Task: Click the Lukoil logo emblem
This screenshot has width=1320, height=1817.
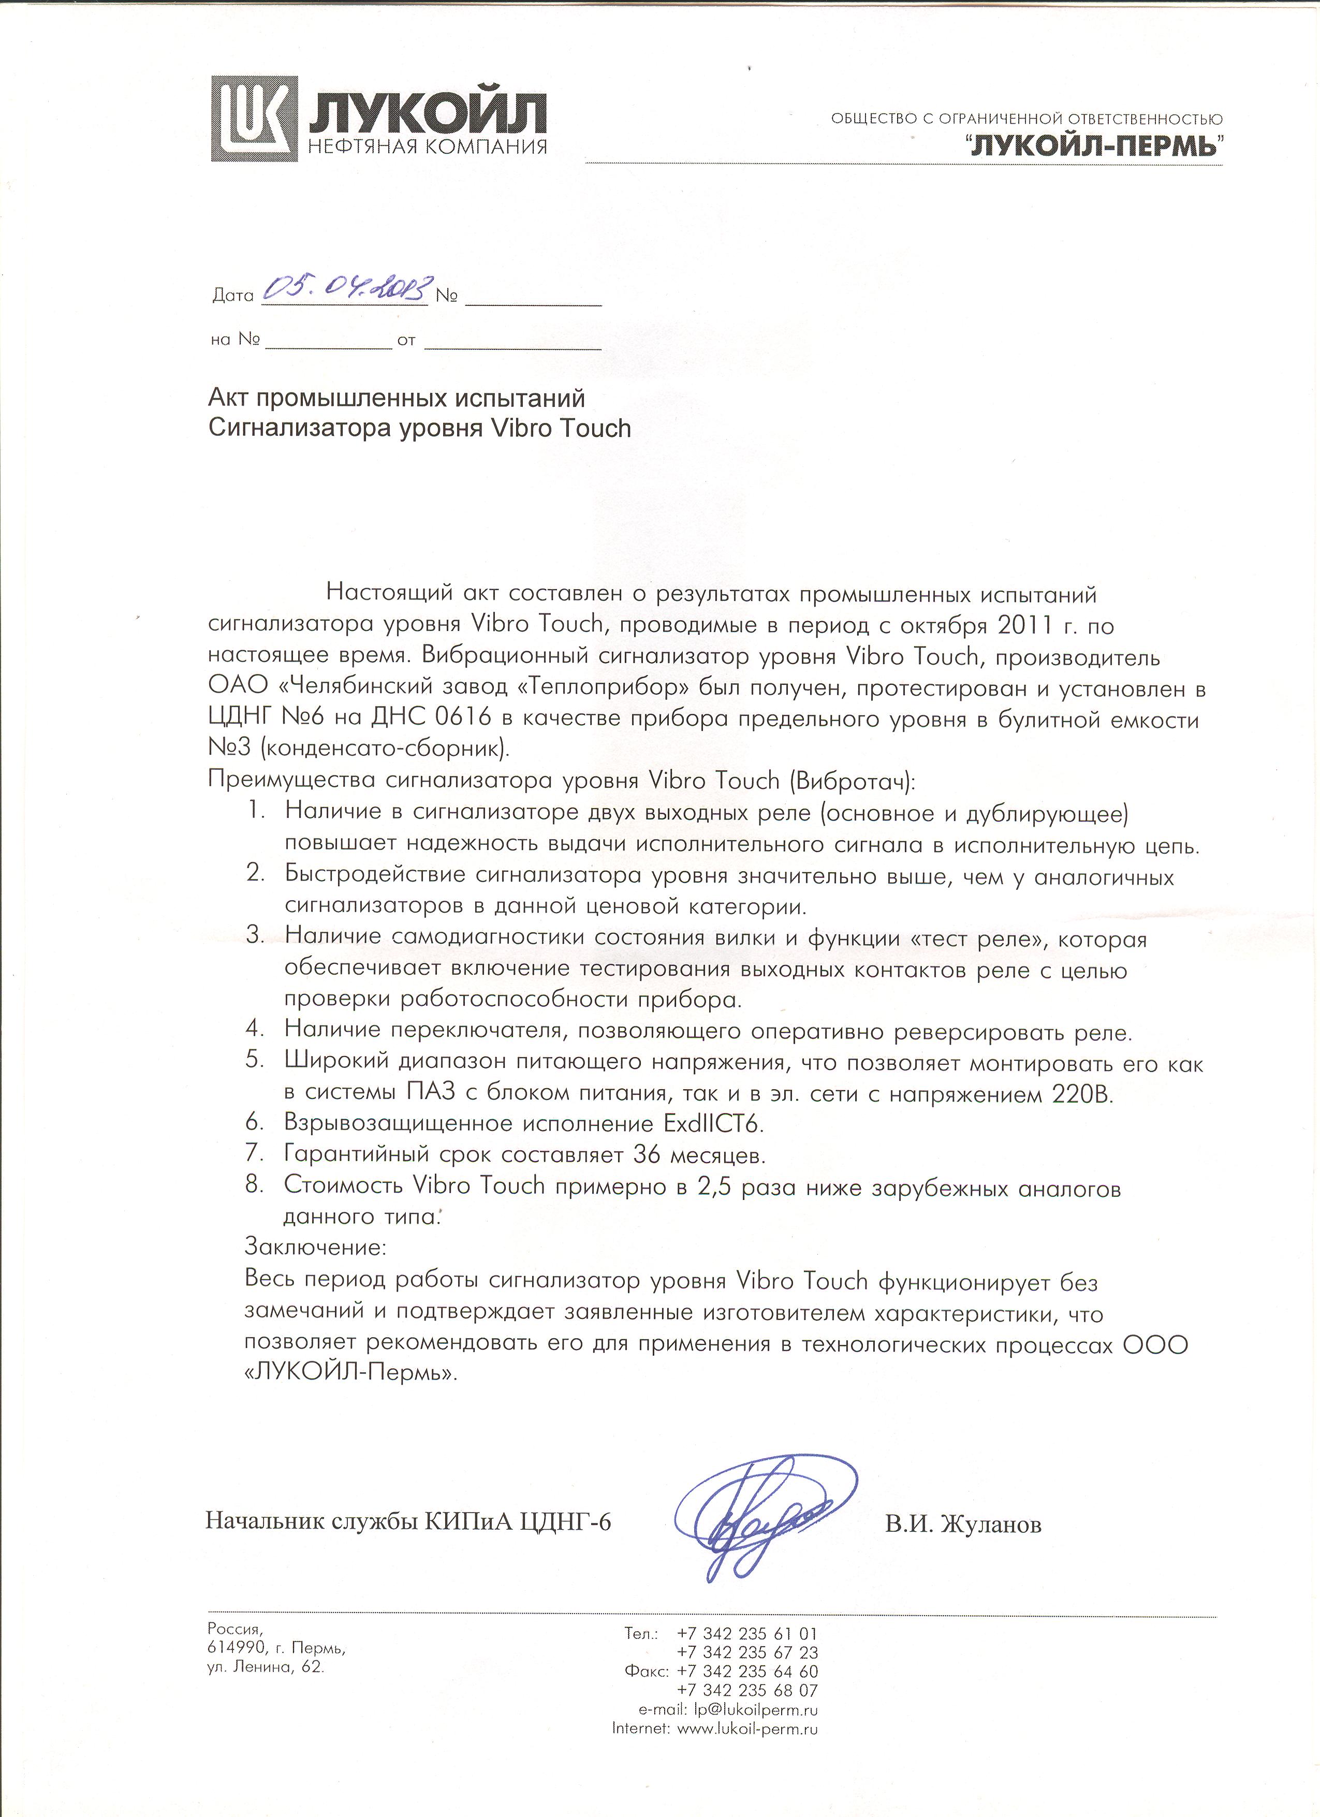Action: pos(254,119)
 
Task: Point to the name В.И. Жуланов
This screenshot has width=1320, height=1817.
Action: pos(963,1525)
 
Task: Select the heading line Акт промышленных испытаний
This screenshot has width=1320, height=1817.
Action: pos(397,398)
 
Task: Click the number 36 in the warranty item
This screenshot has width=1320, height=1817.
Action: pos(648,1154)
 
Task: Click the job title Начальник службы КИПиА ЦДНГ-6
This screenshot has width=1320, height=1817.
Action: pos(408,1521)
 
